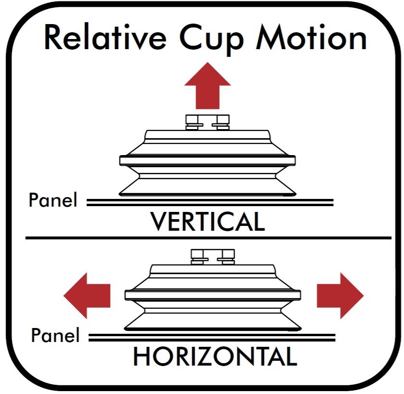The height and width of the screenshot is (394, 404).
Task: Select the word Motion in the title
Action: tap(311, 39)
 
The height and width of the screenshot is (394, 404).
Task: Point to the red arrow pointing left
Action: tap(87, 295)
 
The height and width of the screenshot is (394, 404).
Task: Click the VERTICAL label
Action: tap(207, 222)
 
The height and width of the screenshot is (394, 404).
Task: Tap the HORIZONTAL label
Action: tap(215, 356)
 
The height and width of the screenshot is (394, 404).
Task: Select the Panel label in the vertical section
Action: tap(53, 200)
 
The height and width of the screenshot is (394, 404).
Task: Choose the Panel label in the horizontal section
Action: tap(55, 335)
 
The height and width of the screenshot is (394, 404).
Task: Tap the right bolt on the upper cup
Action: tap(223, 122)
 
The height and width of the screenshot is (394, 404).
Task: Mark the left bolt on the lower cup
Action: tap(198, 256)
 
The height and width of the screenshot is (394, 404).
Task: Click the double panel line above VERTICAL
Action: tap(210, 202)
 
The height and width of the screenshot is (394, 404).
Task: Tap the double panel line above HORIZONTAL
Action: tap(212, 337)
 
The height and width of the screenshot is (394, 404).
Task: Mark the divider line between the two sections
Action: tap(208, 237)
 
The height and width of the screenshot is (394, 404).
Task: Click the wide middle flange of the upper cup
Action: tap(207, 160)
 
